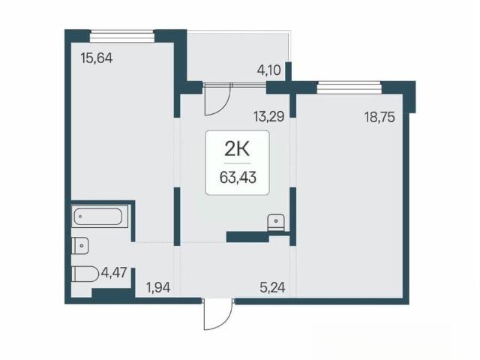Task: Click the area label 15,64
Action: pyautogui.click(x=97, y=58)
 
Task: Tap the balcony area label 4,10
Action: pyautogui.click(x=268, y=70)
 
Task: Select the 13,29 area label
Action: pyautogui.click(x=268, y=117)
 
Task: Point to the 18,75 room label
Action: pyautogui.click(x=379, y=117)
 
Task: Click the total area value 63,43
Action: pyautogui.click(x=238, y=177)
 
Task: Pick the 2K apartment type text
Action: pyautogui.click(x=237, y=149)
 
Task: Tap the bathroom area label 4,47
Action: pyautogui.click(x=114, y=272)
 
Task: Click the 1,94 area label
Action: pyautogui.click(x=158, y=288)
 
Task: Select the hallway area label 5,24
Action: pyautogui.click(x=272, y=287)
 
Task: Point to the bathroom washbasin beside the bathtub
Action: pyautogui.click(x=80, y=245)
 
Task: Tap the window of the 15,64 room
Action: pyautogui.click(x=121, y=36)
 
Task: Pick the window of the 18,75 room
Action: pyautogui.click(x=349, y=88)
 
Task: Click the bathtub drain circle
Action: pyautogui.click(x=80, y=217)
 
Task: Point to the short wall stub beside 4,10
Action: pyautogui.click(x=288, y=72)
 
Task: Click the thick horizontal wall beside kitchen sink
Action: pyautogui.click(x=247, y=237)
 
